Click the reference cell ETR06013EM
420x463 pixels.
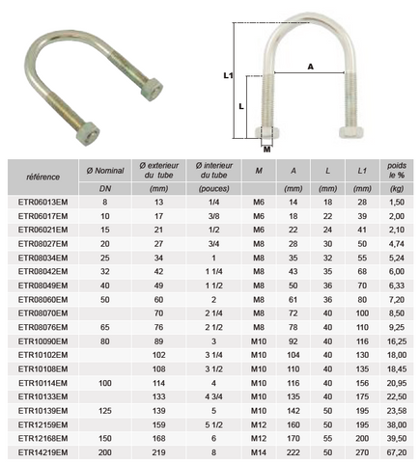click(42, 203)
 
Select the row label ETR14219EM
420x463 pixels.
click(42, 452)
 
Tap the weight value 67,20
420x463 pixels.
click(397, 452)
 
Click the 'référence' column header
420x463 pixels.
click(42, 177)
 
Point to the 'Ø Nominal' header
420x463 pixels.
click(105, 171)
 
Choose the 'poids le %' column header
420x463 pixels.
click(397, 171)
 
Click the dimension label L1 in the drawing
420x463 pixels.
click(228, 75)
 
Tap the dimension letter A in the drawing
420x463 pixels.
click(310, 67)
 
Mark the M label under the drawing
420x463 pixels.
click(266, 150)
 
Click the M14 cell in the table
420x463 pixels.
click(259, 452)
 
